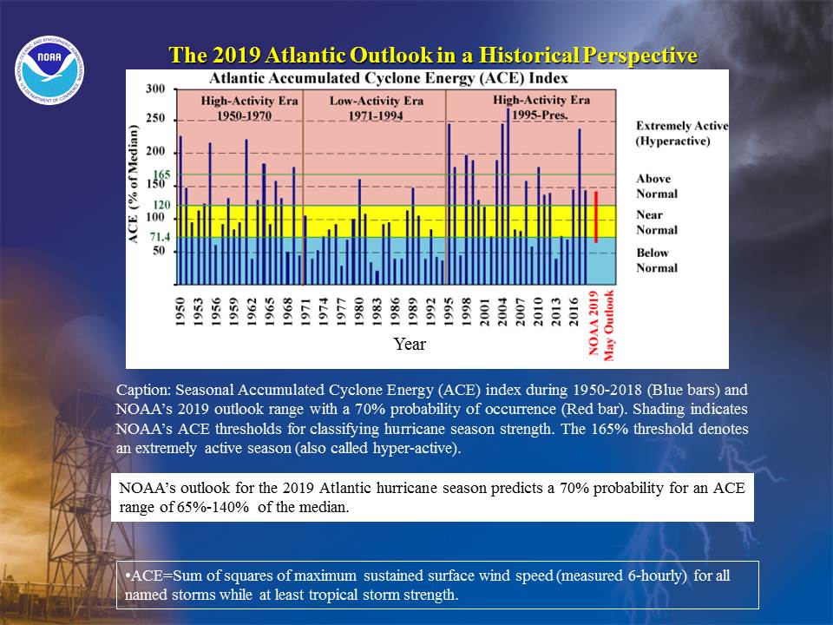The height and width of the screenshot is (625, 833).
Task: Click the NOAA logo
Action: [49, 70]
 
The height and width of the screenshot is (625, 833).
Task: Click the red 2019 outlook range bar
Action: [596, 217]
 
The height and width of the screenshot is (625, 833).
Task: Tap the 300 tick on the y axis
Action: [155, 89]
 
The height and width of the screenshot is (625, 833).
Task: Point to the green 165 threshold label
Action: [161, 174]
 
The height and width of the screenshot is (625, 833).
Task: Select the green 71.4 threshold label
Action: [160, 237]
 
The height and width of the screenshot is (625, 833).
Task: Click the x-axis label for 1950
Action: [180, 312]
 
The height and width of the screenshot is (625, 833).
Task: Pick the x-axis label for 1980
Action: [359, 312]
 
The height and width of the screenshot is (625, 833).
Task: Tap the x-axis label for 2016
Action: [574, 312]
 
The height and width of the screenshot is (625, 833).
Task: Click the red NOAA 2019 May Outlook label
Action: [600, 325]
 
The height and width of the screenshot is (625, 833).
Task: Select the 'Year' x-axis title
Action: [410, 344]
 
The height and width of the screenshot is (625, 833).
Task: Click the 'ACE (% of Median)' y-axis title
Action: [133, 184]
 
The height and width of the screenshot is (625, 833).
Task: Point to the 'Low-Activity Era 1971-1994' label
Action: [376, 108]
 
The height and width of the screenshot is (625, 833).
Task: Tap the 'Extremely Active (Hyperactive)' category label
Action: [682, 134]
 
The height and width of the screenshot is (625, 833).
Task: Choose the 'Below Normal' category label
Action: [657, 260]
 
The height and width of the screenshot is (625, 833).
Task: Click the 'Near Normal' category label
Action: [657, 222]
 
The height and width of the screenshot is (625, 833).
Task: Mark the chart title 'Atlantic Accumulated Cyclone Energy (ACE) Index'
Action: [389, 79]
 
